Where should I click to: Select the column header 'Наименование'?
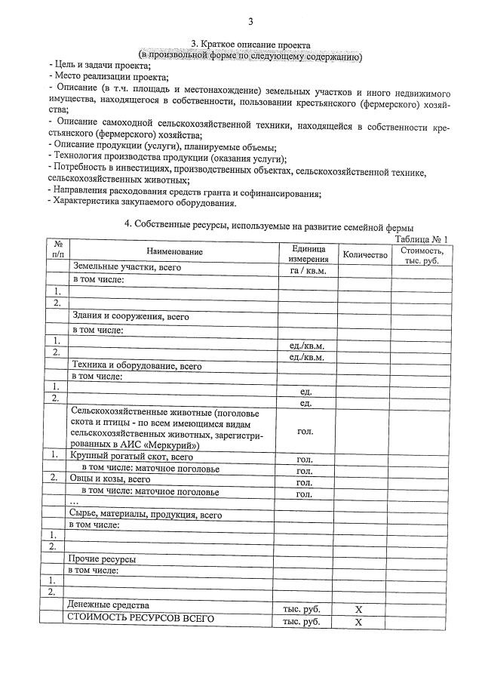(x=174, y=252)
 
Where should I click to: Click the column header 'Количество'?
(x=364, y=255)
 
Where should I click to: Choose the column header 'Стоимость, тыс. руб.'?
(x=422, y=254)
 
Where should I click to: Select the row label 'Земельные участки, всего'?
(x=126, y=267)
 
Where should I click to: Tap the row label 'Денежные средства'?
(x=107, y=605)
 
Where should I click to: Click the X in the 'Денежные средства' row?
(x=359, y=608)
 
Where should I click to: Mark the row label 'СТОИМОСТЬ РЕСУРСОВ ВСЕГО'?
(x=140, y=619)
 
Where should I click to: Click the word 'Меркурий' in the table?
(x=169, y=445)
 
